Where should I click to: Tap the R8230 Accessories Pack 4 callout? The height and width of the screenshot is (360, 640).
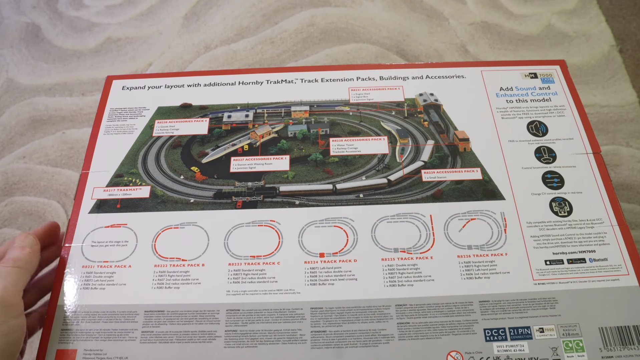[x=181, y=126]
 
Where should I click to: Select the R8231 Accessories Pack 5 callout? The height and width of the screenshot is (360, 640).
[x=376, y=94]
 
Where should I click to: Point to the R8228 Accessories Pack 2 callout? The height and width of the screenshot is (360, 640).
[x=359, y=145]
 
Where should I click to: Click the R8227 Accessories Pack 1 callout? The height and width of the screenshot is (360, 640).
[x=260, y=163]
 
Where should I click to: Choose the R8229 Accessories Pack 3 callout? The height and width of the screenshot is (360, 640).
[x=451, y=174]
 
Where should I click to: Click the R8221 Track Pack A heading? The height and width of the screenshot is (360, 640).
[x=106, y=267]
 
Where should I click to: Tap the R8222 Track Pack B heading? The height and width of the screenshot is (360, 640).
[x=179, y=265]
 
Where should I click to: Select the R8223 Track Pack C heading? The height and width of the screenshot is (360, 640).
[x=254, y=264]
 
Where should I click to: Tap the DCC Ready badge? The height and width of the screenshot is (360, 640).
[x=495, y=334]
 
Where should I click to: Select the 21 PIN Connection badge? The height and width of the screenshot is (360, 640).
[x=520, y=333]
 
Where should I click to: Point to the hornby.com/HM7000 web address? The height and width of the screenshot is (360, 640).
[x=574, y=252]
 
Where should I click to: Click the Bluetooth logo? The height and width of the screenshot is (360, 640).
[x=598, y=260]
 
